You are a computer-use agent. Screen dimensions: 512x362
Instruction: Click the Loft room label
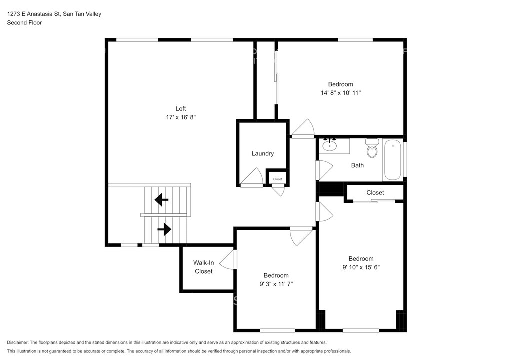[x=181, y=108]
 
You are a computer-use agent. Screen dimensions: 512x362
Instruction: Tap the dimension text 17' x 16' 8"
[x=181, y=117]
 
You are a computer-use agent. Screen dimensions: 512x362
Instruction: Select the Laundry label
[x=263, y=153]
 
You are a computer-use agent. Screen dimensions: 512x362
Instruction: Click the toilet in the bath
[x=372, y=148]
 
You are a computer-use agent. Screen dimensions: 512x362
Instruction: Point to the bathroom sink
[x=330, y=145]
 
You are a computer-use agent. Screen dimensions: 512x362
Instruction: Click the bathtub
[x=392, y=160]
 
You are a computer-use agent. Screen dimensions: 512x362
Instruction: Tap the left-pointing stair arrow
[x=161, y=200]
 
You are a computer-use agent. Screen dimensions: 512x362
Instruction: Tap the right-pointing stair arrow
[x=164, y=229]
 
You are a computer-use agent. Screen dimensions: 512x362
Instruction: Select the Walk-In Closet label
[x=204, y=267]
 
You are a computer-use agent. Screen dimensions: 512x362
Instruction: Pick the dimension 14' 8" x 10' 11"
[x=341, y=93]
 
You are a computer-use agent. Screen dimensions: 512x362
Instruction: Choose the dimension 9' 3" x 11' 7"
[x=276, y=284]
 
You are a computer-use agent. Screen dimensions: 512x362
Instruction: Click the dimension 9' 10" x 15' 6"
[x=361, y=267]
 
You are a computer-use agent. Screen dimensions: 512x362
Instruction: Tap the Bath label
[x=357, y=165]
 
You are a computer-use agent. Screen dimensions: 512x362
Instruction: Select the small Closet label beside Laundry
[x=278, y=179]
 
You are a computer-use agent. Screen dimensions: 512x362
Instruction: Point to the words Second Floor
[x=25, y=23]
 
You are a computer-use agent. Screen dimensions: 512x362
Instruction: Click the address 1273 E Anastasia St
[x=33, y=14]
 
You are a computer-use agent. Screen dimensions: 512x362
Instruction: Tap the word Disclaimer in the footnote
[x=17, y=342]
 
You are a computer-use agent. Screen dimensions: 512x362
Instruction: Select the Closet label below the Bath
[x=375, y=193]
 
